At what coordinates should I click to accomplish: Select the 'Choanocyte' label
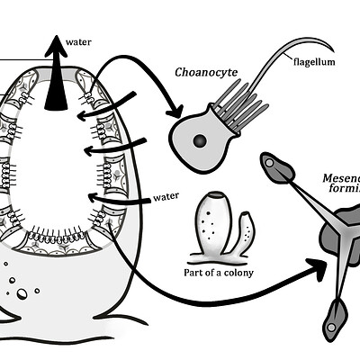(206, 72)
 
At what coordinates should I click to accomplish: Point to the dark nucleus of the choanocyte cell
(199, 140)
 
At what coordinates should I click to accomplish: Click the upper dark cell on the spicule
(273, 165)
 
